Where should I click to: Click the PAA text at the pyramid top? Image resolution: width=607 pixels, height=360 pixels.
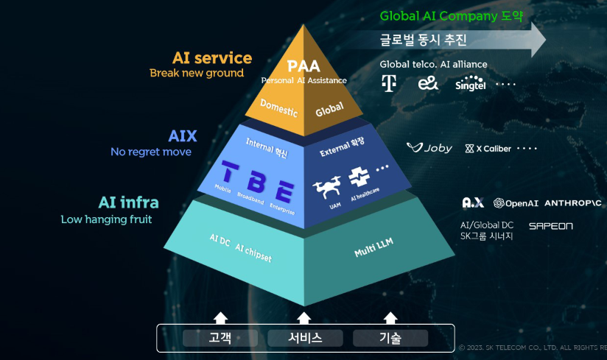click(x=303, y=66)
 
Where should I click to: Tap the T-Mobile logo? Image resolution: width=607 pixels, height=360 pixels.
click(x=388, y=83)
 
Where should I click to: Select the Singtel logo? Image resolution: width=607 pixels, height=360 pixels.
click(x=471, y=83)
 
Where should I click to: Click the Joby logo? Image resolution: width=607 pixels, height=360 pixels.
click(x=429, y=148)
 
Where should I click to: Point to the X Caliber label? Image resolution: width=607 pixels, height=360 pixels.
click(x=488, y=149)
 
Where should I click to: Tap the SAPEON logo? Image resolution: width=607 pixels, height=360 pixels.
click(x=550, y=226)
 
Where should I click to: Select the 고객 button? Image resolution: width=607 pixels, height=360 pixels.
click(x=220, y=338)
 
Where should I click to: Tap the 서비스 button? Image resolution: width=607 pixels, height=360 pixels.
click(x=304, y=338)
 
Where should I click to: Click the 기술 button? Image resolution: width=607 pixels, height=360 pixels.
click(x=390, y=338)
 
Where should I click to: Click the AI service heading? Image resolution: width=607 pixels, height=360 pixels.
click(x=212, y=57)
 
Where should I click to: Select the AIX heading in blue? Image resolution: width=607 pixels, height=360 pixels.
click(x=183, y=136)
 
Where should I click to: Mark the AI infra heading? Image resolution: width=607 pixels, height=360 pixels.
click(x=128, y=202)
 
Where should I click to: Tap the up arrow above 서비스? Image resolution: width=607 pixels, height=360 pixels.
click(x=304, y=317)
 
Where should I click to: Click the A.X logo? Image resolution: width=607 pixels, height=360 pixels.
click(x=472, y=202)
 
